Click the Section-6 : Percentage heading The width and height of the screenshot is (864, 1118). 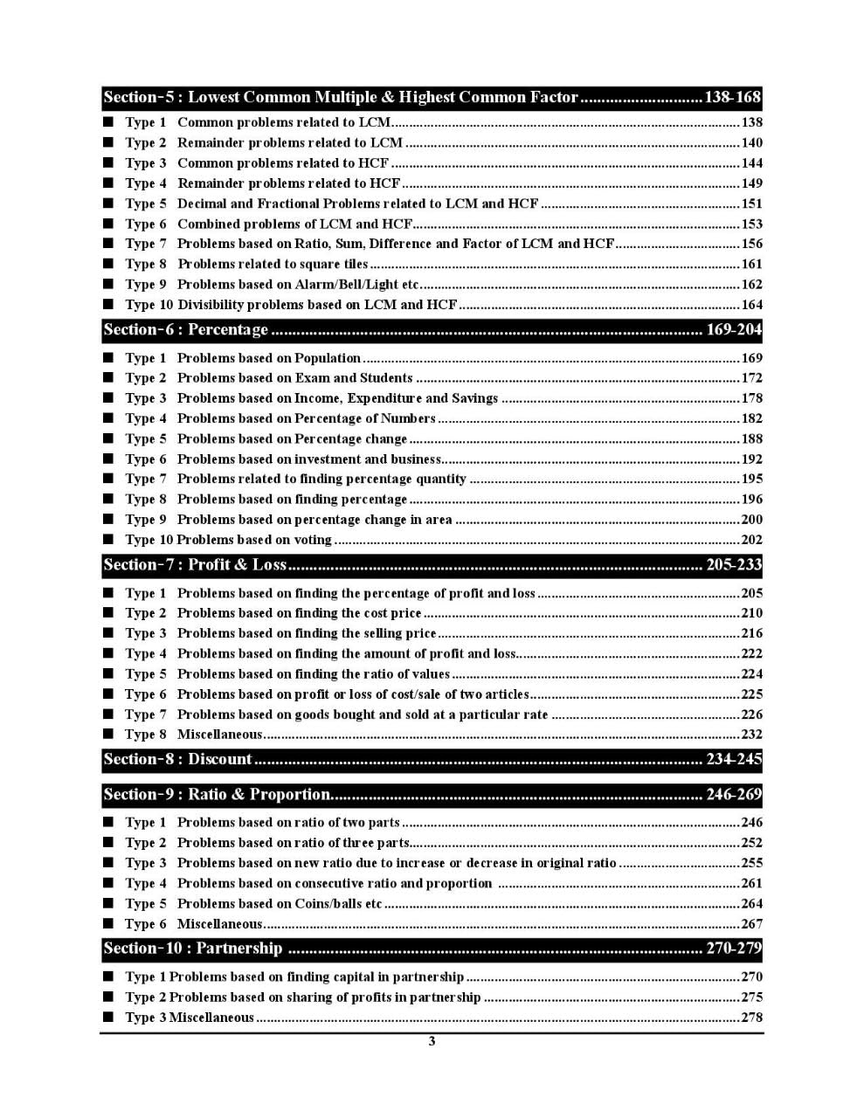pyautogui.click(x=185, y=329)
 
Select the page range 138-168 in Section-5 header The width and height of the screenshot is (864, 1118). pyautogui.click(x=732, y=97)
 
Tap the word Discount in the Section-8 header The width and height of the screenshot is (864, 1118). pyautogui.click(x=220, y=759)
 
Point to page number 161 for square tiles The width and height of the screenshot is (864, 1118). pyautogui.click(x=751, y=264)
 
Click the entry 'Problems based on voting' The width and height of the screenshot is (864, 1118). pyautogui.click(x=254, y=540)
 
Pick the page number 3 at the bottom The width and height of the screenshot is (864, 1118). pyautogui.click(x=432, y=1041)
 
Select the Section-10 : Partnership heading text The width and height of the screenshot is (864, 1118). pyautogui.click(x=193, y=948)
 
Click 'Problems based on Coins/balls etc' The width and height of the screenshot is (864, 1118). pyautogui.click(x=280, y=903)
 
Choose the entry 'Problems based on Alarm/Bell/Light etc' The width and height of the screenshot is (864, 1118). pyautogui.click(x=298, y=284)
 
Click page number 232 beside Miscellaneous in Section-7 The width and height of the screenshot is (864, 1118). pyautogui.click(x=751, y=735)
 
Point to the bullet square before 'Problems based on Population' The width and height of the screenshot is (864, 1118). pyautogui.click(x=108, y=357)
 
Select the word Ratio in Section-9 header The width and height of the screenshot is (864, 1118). pyautogui.click(x=209, y=794)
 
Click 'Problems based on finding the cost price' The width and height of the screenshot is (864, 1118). pyautogui.click(x=299, y=613)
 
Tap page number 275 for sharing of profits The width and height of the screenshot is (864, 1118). pyautogui.click(x=751, y=997)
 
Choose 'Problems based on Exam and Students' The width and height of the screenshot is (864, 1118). pyautogui.click(x=294, y=378)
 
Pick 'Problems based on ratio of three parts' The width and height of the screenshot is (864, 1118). pyautogui.click(x=293, y=843)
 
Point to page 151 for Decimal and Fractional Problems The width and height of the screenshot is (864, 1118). pyautogui.click(x=751, y=204)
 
